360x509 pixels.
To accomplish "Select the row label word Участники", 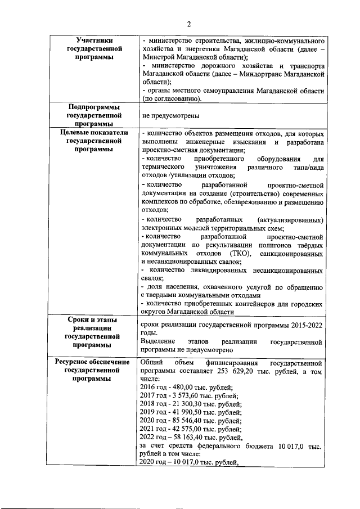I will coord(93,41).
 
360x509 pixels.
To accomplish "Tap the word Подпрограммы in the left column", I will coord(93,107).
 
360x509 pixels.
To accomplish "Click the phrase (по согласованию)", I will coord(172,98).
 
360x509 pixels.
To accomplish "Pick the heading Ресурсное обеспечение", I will coord(93,363).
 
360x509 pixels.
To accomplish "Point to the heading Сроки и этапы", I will coord(93,319).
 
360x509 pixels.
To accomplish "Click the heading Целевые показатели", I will coord(93,133).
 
